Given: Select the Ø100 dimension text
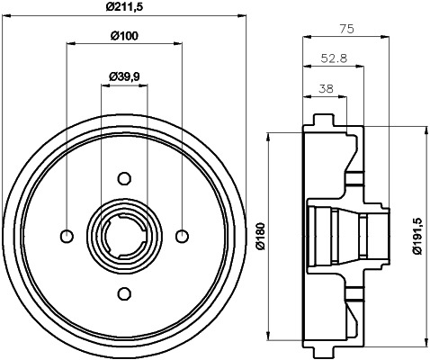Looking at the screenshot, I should (123, 35).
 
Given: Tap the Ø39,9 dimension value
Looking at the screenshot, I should (123, 76).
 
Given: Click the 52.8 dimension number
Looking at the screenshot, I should (330, 58).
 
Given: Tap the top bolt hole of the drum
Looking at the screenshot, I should (124, 177).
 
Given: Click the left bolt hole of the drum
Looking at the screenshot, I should (66, 236).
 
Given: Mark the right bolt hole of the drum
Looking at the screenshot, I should (183, 236).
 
